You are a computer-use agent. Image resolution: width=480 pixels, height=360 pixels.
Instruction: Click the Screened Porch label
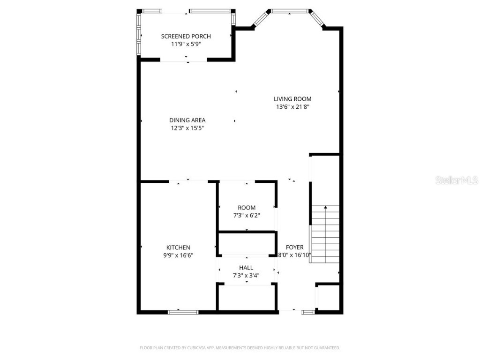pyautogui.click(x=186, y=36)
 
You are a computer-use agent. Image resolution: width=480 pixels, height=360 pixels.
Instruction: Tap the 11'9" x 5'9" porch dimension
pyautogui.click(x=186, y=44)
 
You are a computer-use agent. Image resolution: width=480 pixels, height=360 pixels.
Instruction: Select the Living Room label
pyautogui.click(x=292, y=99)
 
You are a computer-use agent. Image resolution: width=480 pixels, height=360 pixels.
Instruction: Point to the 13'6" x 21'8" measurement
pyautogui.click(x=292, y=107)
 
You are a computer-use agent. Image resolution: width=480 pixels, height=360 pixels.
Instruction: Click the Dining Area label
pyautogui.click(x=187, y=120)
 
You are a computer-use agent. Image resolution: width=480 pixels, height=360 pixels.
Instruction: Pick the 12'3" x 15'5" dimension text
pyautogui.click(x=187, y=128)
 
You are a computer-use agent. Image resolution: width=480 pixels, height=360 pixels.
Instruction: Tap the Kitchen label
pyautogui.click(x=178, y=247)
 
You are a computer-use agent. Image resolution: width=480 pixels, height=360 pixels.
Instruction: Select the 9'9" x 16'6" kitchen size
pyautogui.click(x=178, y=255)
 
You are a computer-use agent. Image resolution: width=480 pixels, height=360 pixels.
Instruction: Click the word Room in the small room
pyautogui.click(x=247, y=208)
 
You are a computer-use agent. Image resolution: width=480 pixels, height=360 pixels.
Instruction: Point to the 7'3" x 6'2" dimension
pyautogui.click(x=247, y=216)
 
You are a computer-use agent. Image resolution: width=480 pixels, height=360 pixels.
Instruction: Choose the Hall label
pyautogui.click(x=246, y=268)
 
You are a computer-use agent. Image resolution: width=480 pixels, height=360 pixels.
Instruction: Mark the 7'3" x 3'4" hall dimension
pyautogui.click(x=246, y=276)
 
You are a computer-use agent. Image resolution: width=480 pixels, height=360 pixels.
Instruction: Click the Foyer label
pyautogui.click(x=295, y=247)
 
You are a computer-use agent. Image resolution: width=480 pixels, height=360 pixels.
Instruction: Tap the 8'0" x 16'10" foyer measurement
pyautogui.click(x=295, y=255)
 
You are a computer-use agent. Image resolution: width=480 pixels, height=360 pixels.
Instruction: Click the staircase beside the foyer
pyautogui.click(x=325, y=234)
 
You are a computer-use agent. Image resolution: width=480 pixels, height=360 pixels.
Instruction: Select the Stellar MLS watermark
pyautogui.click(x=457, y=180)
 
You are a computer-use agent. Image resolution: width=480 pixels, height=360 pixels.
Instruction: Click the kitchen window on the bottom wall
pyautogui.click(x=183, y=312)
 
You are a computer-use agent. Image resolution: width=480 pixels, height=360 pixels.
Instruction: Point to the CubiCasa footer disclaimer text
pyautogui.click(x=240, y=348)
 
